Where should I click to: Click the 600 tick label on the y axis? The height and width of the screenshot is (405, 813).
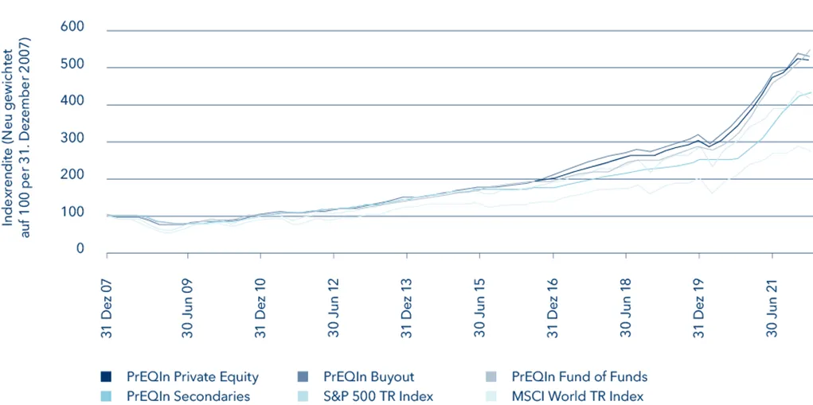[72, 28]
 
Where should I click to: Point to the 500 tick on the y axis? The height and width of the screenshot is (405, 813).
[72, 64]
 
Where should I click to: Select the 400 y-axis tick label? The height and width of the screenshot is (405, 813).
[72, 102]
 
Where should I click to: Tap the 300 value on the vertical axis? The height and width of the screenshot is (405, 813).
[72, 138]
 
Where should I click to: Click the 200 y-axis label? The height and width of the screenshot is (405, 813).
[72, 176]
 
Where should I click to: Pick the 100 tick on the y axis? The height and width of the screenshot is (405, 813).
[72, 212]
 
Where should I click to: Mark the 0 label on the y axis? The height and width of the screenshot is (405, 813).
[80, 250]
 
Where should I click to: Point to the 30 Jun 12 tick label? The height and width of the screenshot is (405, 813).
[333, 306]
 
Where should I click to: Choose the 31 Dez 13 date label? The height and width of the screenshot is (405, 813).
[406, 306]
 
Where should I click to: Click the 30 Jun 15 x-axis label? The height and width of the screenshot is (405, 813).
[479, 306]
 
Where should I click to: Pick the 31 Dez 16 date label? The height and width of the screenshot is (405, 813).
[553, 306]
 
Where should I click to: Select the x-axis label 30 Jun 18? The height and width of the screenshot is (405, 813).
[626, 306]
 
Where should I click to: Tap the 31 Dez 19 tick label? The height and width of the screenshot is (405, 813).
[699, 306]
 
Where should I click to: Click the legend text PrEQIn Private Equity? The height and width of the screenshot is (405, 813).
[192, 377]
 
